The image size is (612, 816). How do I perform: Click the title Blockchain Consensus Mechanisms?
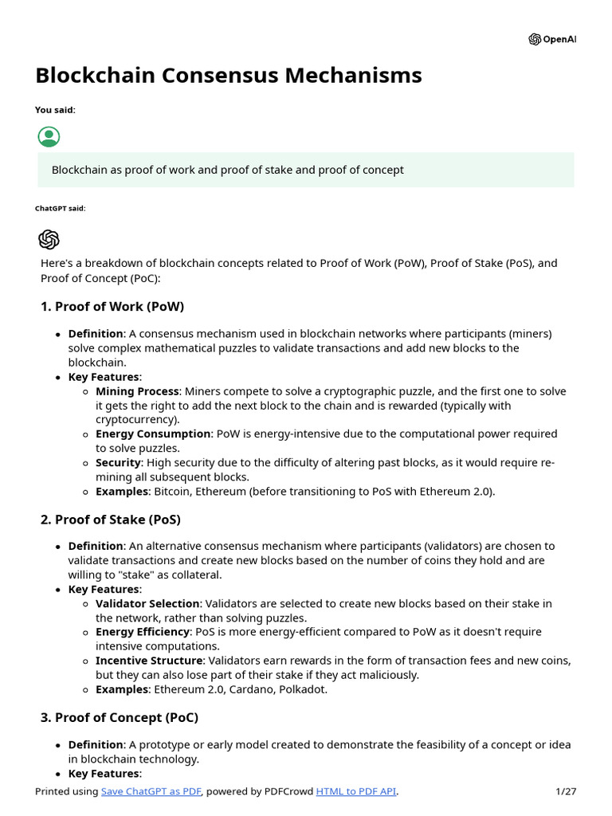[x=229, y=76]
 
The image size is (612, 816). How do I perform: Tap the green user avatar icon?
[x=49, y=136]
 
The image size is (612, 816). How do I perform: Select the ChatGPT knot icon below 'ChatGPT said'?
[x=49, y=239]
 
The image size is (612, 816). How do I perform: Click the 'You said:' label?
[x=55, y=110]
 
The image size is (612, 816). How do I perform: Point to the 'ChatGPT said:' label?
[x=60, y=208]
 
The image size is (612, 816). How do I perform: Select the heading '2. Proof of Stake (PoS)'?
[x=111, y=520]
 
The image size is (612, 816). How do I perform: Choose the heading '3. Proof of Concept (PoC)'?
[x=120, y=718]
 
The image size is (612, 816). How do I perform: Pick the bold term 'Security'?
[x=118, y=463]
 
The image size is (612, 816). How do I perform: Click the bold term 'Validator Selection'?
[x=147, y=604]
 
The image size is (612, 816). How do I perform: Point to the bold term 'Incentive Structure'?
[x=148, y=661]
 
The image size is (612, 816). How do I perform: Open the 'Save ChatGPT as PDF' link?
[x=151, y=791]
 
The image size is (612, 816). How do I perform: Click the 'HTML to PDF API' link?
[x=355, y=791]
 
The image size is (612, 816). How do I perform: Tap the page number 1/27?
[x=565, y=791]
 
